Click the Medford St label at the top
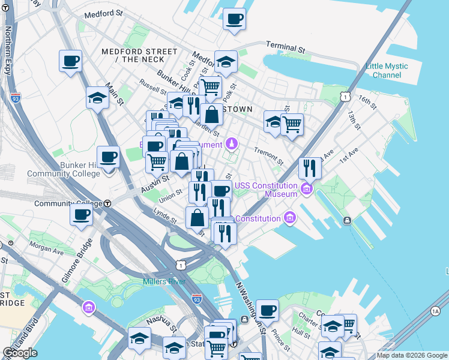click(x=103, y=14)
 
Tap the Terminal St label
click(x=286, y=46)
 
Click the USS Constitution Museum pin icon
click(x=307, y=190)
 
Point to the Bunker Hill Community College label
click(x=63, y=169)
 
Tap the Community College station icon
click(x=107, y=203)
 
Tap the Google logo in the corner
click(x=20, y=353)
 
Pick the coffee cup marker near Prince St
click(x=267, y=310)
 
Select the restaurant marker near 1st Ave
click(x=310, y=168)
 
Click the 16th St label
click(x=367, y=101)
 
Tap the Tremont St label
click(x=268, y=156)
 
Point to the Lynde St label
click(x=164, y=218)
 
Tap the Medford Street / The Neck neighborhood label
click(x=139, y=55)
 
